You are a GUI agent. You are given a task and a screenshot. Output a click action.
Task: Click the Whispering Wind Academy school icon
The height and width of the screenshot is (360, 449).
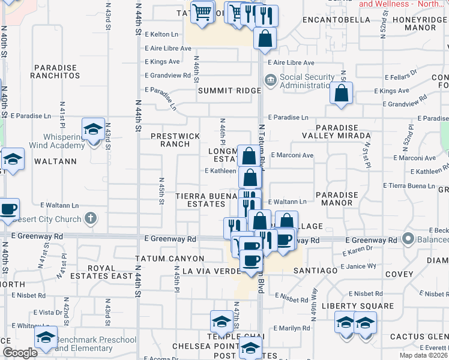pyautogui.click(x=93, y=129)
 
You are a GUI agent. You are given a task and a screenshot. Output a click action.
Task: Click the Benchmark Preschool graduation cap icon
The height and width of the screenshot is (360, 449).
pyautogui.click(x=45, y=337)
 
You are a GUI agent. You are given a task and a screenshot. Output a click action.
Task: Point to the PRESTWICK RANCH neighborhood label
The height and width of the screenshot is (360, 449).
pyautogui.click(x=175, y=140)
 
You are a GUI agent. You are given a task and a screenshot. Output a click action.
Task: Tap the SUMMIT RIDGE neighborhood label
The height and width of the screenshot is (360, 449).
pyautogui.click(x=230, y=91)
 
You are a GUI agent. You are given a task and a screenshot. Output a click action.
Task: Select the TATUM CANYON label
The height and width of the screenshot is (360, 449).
pyautogui.click(x=170, y=259)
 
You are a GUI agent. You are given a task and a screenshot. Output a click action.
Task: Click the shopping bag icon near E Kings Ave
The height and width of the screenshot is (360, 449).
pyautogui.click(x=341, y=94)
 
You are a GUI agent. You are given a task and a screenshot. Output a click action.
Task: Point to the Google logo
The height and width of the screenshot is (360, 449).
pyautogui.click(x=20, y=353)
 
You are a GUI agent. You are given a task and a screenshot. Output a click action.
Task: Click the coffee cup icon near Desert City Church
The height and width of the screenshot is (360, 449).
pyautogui.click(x=8, y=209)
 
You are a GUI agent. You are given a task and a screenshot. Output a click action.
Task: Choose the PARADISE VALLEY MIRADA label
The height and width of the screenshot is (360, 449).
pyautogui.click(x=343, y=132)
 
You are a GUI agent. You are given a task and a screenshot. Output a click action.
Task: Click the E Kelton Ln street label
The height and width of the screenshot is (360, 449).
pyautogui.click(x=161, y=34)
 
